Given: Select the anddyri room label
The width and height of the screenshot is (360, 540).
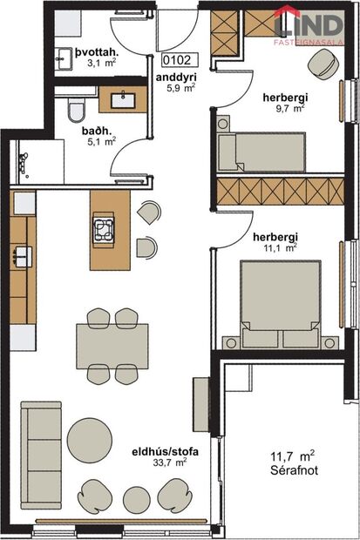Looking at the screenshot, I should coord(176,77).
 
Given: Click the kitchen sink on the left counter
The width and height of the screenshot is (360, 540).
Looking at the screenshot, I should coord(22,255).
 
